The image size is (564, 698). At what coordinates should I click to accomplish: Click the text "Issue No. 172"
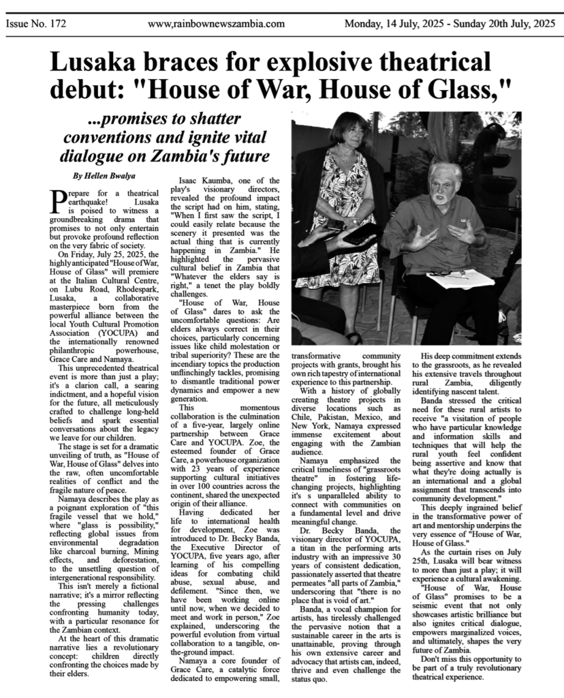(35, 24)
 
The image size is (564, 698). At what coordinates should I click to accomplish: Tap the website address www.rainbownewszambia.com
(216, 24)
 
